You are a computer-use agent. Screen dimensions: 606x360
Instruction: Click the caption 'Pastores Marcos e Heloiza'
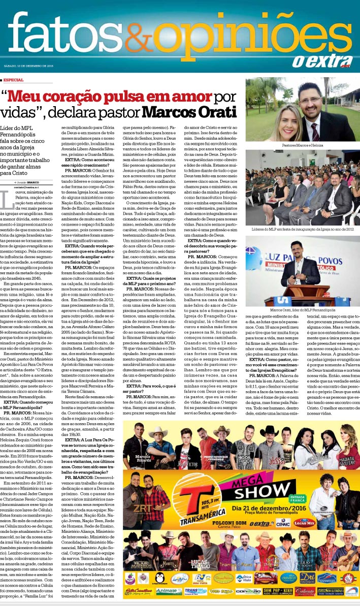[302, 145]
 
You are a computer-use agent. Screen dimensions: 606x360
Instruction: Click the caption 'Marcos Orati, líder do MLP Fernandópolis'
[302, 309]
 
